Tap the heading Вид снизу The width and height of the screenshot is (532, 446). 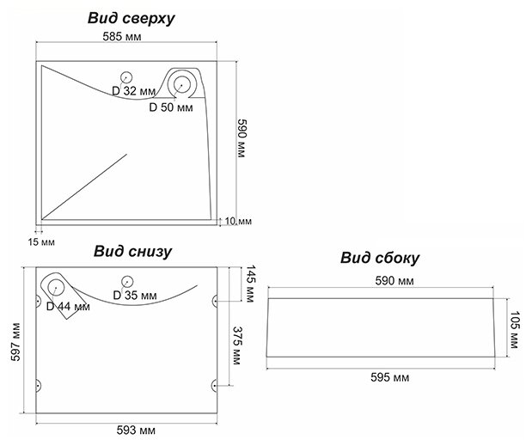click(133, 252)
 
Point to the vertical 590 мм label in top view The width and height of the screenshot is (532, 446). click(242, 138)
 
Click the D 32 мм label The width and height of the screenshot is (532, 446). click(133, 90)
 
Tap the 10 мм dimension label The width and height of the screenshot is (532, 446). click(238, 221)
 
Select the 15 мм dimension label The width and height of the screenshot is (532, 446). click(40, 242)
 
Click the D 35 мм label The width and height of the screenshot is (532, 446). click(136, 296)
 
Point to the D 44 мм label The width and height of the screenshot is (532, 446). click(68, 306)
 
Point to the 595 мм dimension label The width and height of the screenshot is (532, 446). click(388, 377)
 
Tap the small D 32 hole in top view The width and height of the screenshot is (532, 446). click(126, 76)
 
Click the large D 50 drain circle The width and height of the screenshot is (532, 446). click(183, 84)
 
